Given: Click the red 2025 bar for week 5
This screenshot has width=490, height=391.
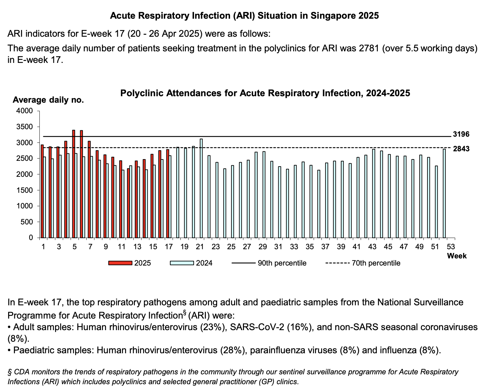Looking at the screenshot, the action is (73, 184).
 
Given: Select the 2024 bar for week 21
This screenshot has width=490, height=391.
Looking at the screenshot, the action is (201, 188).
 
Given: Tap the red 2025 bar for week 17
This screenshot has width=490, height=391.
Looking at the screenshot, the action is (168, 193).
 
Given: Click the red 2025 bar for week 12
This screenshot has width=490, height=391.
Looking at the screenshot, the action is (128, 203).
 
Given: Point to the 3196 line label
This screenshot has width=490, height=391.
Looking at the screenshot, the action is (461, 134).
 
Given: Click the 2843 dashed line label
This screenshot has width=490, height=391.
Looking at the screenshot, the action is (461, 149).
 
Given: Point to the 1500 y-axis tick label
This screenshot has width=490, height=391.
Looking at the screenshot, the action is (24, 190).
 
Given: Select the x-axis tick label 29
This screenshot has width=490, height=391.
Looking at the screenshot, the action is (263, 247).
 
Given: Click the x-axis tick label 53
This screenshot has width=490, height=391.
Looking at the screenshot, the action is (451, 247).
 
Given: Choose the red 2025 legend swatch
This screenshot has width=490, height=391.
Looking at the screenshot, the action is (120, 263).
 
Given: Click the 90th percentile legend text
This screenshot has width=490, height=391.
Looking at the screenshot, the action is (282, 263).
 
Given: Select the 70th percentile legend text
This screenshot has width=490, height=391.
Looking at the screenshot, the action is (376, 263).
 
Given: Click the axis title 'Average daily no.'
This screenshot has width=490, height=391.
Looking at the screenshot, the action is (48, 100).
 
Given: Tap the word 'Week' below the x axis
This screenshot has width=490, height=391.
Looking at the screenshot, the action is (457, 256).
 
